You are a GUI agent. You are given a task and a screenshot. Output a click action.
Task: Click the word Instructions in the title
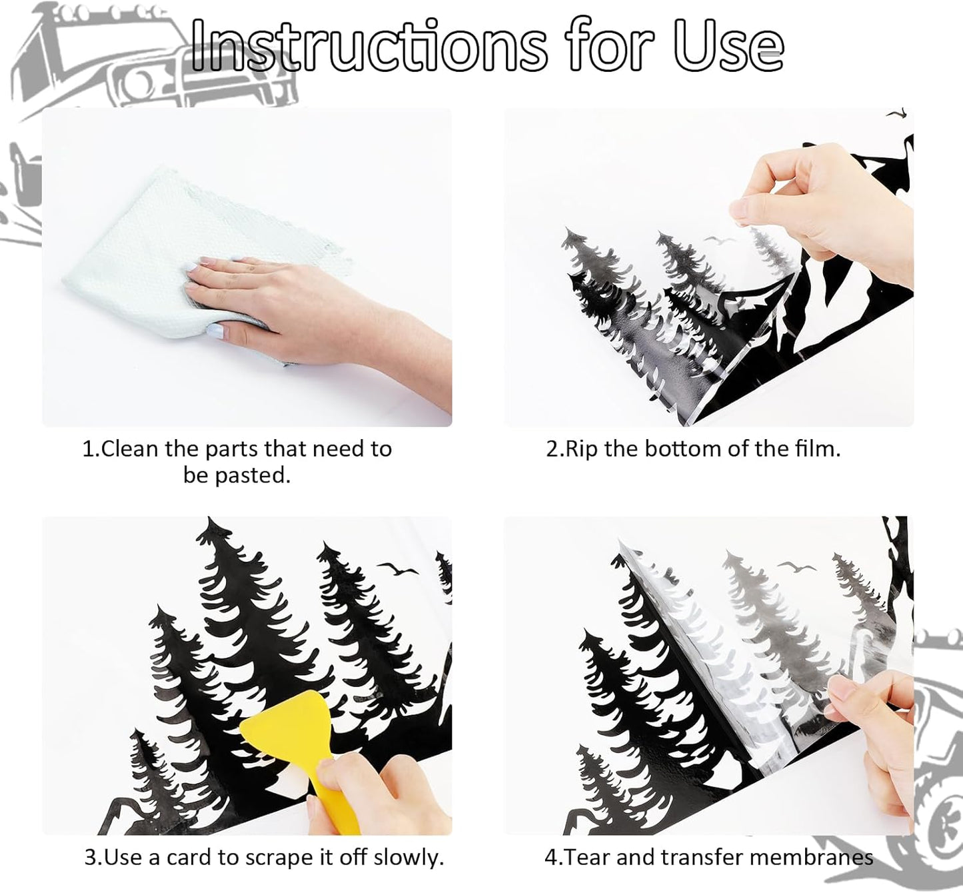pyautogui.click(x=369, y=46)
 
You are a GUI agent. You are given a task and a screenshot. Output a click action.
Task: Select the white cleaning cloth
pyautogui.click(x=194, y=257)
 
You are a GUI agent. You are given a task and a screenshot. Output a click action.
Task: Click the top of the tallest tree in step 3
pyautogui.click(x=210, y=518)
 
